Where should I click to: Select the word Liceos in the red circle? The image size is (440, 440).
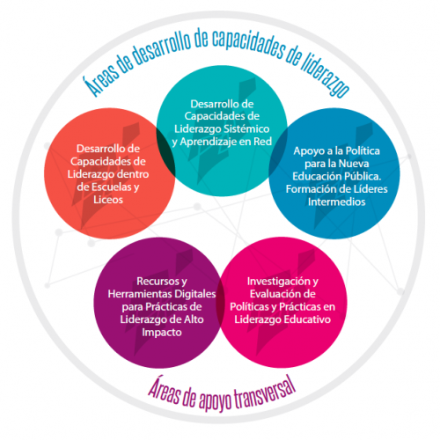point(108,200)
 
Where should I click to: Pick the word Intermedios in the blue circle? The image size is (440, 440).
point(336,202)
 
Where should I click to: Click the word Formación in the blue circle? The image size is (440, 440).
point(309,189)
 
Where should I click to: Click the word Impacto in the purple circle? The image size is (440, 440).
point(162,333)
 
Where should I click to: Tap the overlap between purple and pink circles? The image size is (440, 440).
point(220,303)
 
